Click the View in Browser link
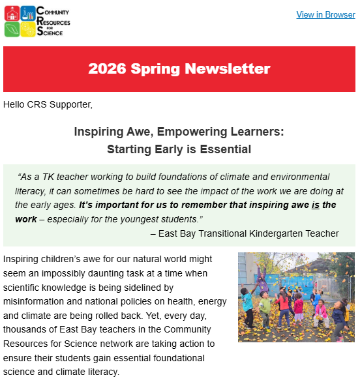pos(325,15)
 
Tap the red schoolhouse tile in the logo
pos(11,13)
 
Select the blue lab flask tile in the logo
pos(27,13)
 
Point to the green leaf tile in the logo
pos(11,29)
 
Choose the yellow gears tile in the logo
pos(27,29)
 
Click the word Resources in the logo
pos(55,21)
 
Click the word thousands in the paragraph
pos(25,329)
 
